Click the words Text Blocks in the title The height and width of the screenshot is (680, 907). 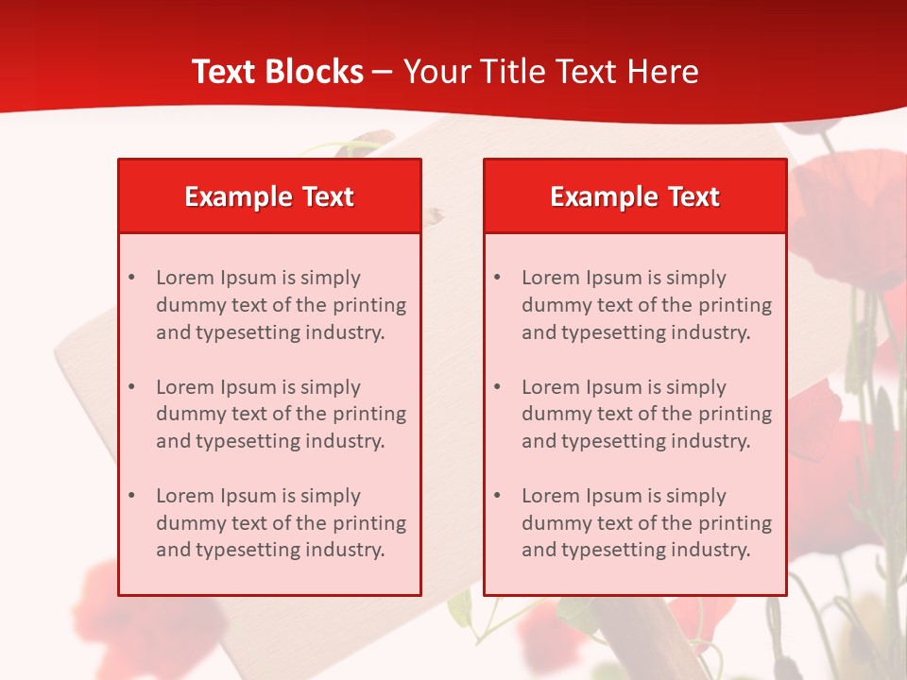(x=277, y=72)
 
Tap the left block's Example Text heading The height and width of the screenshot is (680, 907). (x=269, y=196)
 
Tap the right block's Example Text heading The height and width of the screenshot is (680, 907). (x=635, y=196)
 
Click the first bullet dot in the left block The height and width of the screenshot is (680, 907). (x=131, y=278)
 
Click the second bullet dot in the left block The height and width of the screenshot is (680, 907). (x=131, y=387)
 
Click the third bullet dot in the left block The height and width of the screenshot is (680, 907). (x=131, y=496)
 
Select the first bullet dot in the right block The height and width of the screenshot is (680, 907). (x=497, y=278)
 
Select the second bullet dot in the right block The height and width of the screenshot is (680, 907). (x=497, y=387)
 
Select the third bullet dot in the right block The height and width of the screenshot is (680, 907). (x=497, y=496)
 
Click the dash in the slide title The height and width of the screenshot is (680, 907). (x=384, y=72)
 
